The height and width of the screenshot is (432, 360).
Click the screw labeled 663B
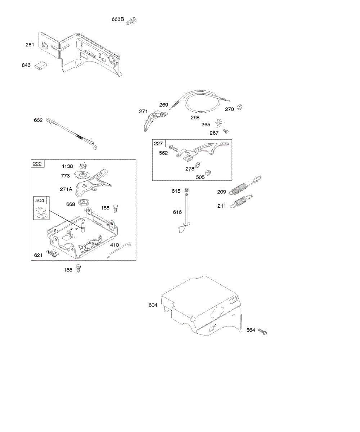(x=132, y=21)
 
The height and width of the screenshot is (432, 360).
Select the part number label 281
(x=30, y=45)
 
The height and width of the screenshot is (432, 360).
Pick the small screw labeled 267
(x=226, y=131)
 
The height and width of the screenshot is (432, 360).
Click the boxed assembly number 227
(x=158, y=144)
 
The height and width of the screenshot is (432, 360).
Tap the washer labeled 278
(x=198, y=166)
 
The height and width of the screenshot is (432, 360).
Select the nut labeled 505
(x=208, y=172)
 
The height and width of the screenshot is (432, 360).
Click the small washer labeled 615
(x=186, y=190)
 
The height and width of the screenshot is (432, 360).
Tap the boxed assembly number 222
(x=37, y=164)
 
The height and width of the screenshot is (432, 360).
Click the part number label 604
(x=153, y=305)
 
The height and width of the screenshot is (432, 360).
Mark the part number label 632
(x=38, y=120)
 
